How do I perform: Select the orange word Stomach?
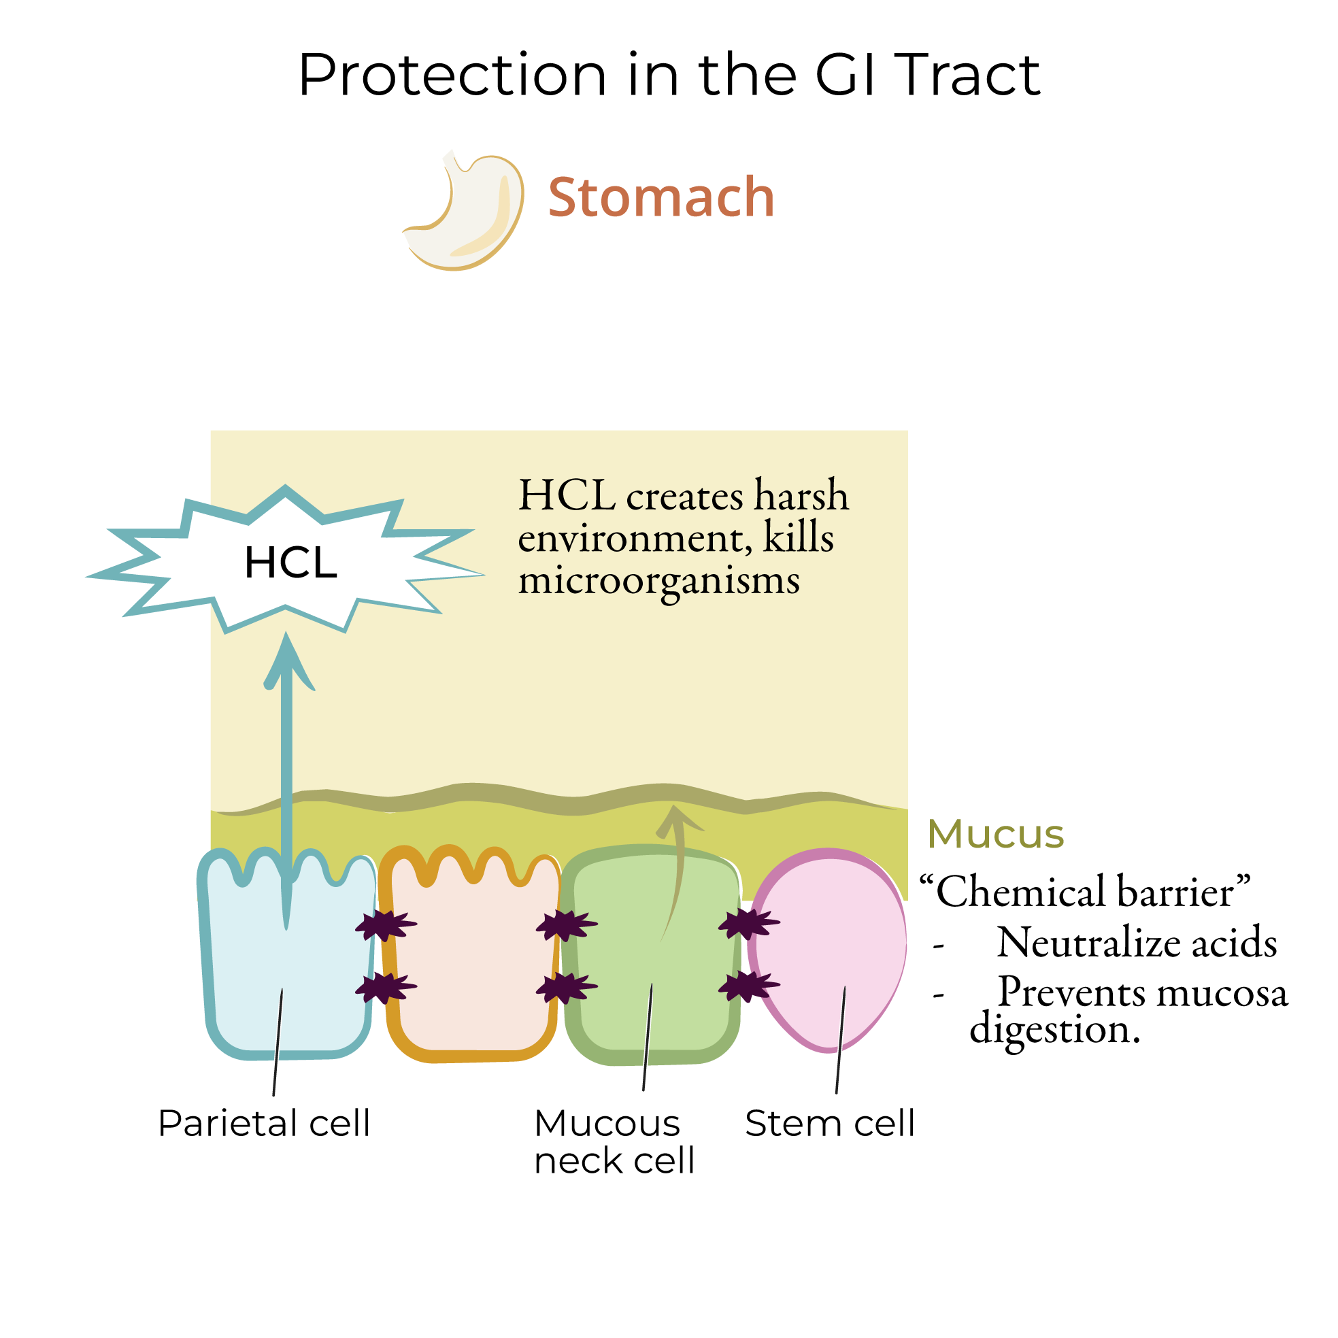coord(660,197)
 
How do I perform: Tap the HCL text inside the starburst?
coord(291,563)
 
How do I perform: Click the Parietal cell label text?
coord(264,1122)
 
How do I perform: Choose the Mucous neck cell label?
coord(613,1141)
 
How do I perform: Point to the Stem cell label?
coord(830,1122)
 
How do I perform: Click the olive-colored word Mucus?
coord(995,834)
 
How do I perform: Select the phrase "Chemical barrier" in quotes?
coord(1084,892)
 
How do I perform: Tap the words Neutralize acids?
coord(1137,943)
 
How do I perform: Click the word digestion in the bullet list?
coord(1054,1029)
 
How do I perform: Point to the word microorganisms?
coord(659,580)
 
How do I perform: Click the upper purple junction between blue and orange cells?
coord(385,925)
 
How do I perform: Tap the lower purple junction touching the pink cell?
coord(748,986)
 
